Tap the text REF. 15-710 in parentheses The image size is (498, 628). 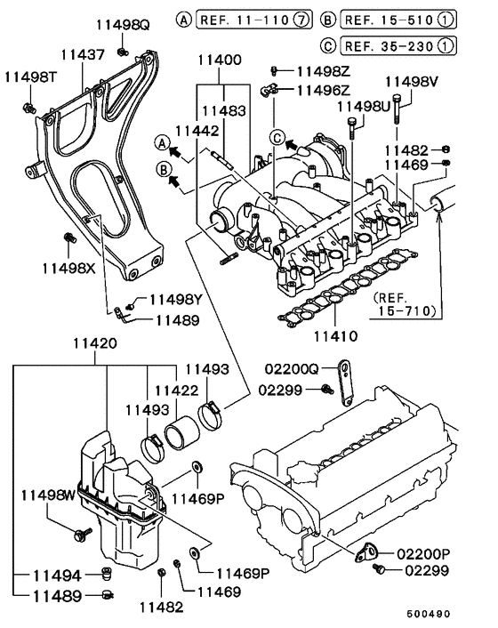coord(405,304)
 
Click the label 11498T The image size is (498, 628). coord(31,78)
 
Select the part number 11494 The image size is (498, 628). coord(54,576)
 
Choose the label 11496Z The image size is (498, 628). coord(324,90)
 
